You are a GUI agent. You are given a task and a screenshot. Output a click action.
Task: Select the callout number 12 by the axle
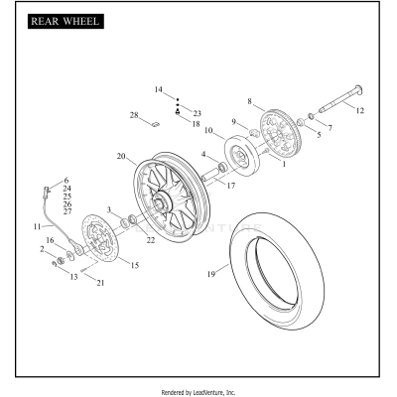(360, 110)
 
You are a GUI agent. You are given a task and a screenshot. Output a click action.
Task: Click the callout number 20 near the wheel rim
(120, 156)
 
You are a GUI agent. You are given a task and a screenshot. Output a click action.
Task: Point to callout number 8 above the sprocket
(249, 101)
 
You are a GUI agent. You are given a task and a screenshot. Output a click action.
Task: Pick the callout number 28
(133, 117)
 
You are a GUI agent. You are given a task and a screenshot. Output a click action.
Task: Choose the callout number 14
(158, 89)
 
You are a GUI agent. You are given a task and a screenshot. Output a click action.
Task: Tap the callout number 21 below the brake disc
(100, 283)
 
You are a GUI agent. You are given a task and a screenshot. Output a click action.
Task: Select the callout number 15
(135, 266)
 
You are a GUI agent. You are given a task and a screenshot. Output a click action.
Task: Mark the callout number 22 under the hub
(151, 240)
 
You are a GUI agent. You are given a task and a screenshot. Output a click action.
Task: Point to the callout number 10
(208, 130)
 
